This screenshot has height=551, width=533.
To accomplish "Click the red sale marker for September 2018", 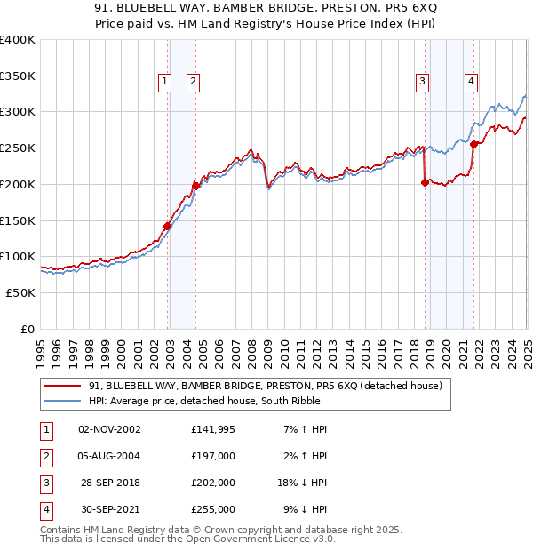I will point(425,182).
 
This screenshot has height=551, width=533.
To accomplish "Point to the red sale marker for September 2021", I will point(473,144).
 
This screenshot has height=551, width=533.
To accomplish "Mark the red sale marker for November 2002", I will point(167,226).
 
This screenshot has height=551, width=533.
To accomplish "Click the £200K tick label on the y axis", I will point(18,184).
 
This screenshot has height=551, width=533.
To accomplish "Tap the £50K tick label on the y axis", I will point(20,292).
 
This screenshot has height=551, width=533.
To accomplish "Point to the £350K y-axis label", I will point(18,76).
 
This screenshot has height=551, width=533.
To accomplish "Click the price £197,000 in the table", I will point(212,456).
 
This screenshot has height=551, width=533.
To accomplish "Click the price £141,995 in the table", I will point(212,429).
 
